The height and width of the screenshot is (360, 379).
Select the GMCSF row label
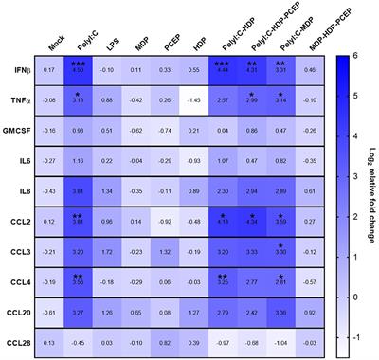21,129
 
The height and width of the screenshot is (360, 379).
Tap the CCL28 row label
21,342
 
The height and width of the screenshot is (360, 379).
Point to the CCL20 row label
21,312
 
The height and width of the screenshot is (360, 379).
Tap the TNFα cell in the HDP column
194,99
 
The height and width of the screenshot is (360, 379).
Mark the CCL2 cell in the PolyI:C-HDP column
223,220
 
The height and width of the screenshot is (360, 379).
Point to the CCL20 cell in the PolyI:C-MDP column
280,312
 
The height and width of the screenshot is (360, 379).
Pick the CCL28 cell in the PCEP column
166,342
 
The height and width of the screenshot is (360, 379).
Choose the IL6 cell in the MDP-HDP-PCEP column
309,159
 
